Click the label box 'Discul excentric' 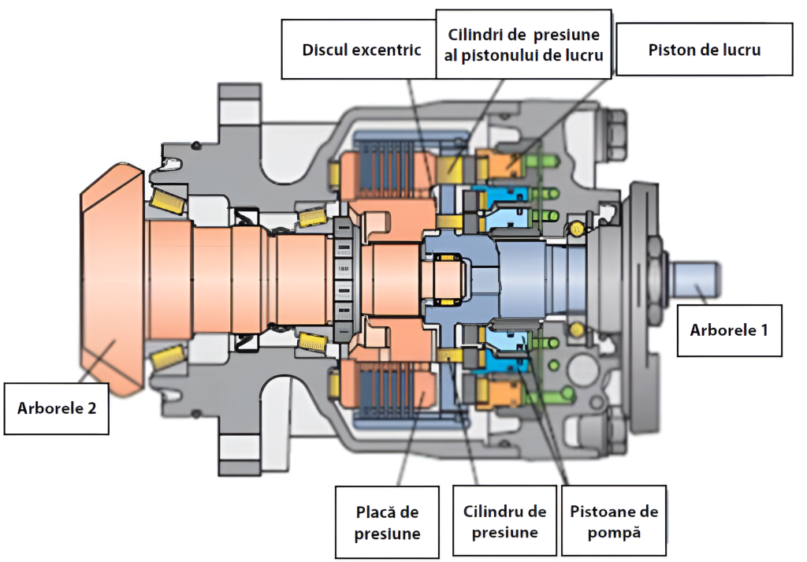(x=362, y=50)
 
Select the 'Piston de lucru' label (x=704, y=50)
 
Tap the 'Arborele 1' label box (x=729, y=330)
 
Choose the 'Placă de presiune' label (x=387, y=523)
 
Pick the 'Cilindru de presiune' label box (x=504, y=522)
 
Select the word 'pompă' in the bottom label (x=614, y=532)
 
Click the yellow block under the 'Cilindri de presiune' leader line (x=452, y=166)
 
